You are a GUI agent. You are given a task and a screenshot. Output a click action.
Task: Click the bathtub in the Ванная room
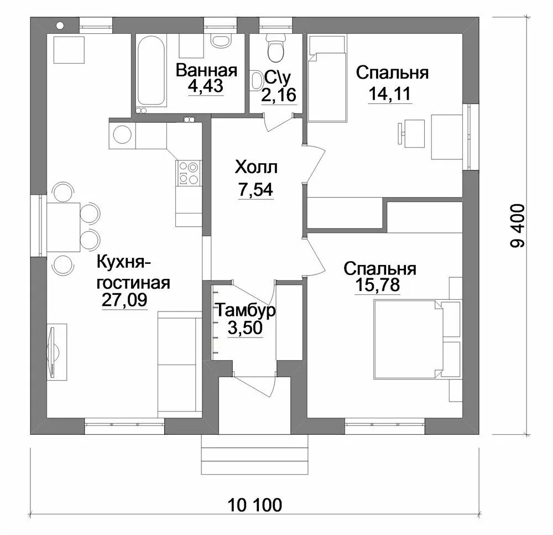pos(151,71)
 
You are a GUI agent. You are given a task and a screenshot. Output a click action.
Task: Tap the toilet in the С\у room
pos(275,49)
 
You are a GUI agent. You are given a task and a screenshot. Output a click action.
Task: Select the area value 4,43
pos(206,87)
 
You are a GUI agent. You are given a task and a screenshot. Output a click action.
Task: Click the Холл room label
pos(255,167)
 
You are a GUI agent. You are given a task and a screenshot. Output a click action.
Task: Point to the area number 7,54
pos(255,190)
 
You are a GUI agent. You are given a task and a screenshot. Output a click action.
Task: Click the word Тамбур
pos(245,310)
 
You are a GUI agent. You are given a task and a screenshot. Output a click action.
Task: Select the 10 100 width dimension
pos(255,505)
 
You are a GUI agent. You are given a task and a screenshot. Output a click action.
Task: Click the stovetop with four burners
pos(187,172)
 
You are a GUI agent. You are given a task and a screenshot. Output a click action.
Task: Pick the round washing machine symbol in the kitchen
pos(121,134)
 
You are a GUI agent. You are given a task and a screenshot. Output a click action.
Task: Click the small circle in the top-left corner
pos(60,24)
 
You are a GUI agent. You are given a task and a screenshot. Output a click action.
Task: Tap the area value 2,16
pos(279,95)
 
